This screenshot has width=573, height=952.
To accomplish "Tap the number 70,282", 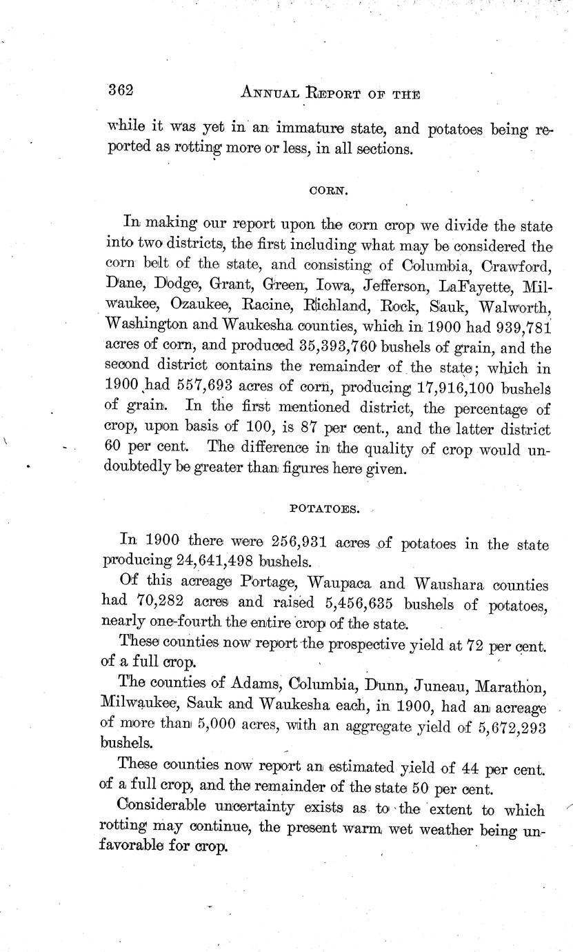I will tap(161, 603).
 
